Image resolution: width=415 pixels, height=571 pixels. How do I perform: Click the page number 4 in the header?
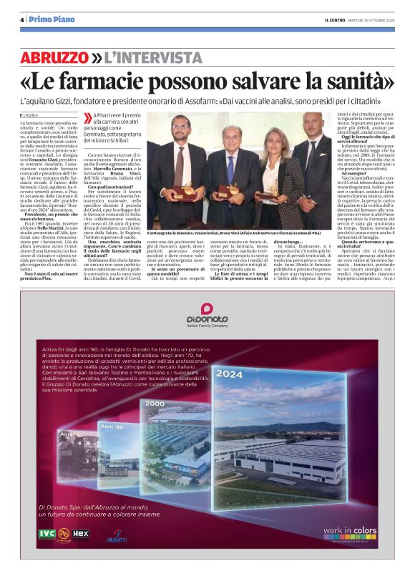pyautogui.click(x=22, y=19)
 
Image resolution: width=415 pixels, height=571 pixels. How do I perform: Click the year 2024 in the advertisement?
pyautogui.click(x=229, y=374)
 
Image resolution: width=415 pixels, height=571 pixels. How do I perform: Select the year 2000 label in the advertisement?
pyautogui.click(x=155, y=404)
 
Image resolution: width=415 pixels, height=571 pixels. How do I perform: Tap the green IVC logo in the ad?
pyautogui.click(x=47, y=532)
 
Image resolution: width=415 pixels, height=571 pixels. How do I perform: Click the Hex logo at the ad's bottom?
pyautogui.click(x=81, y=532)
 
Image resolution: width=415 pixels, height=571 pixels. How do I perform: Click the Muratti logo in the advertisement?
pyautogui.click(x=117, y=537)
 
